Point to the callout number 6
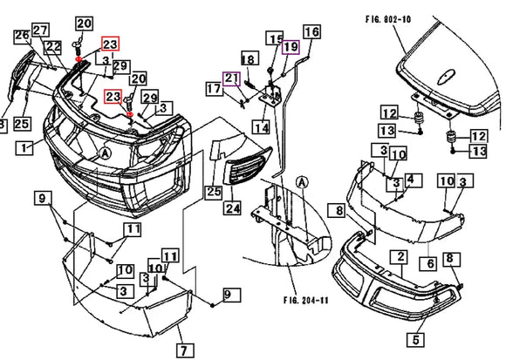coord(430,262)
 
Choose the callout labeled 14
coord(261,127)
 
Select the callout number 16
coord(311,32)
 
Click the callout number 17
coord(214,88)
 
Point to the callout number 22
coord(53,47)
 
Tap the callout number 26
coord(22,36)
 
